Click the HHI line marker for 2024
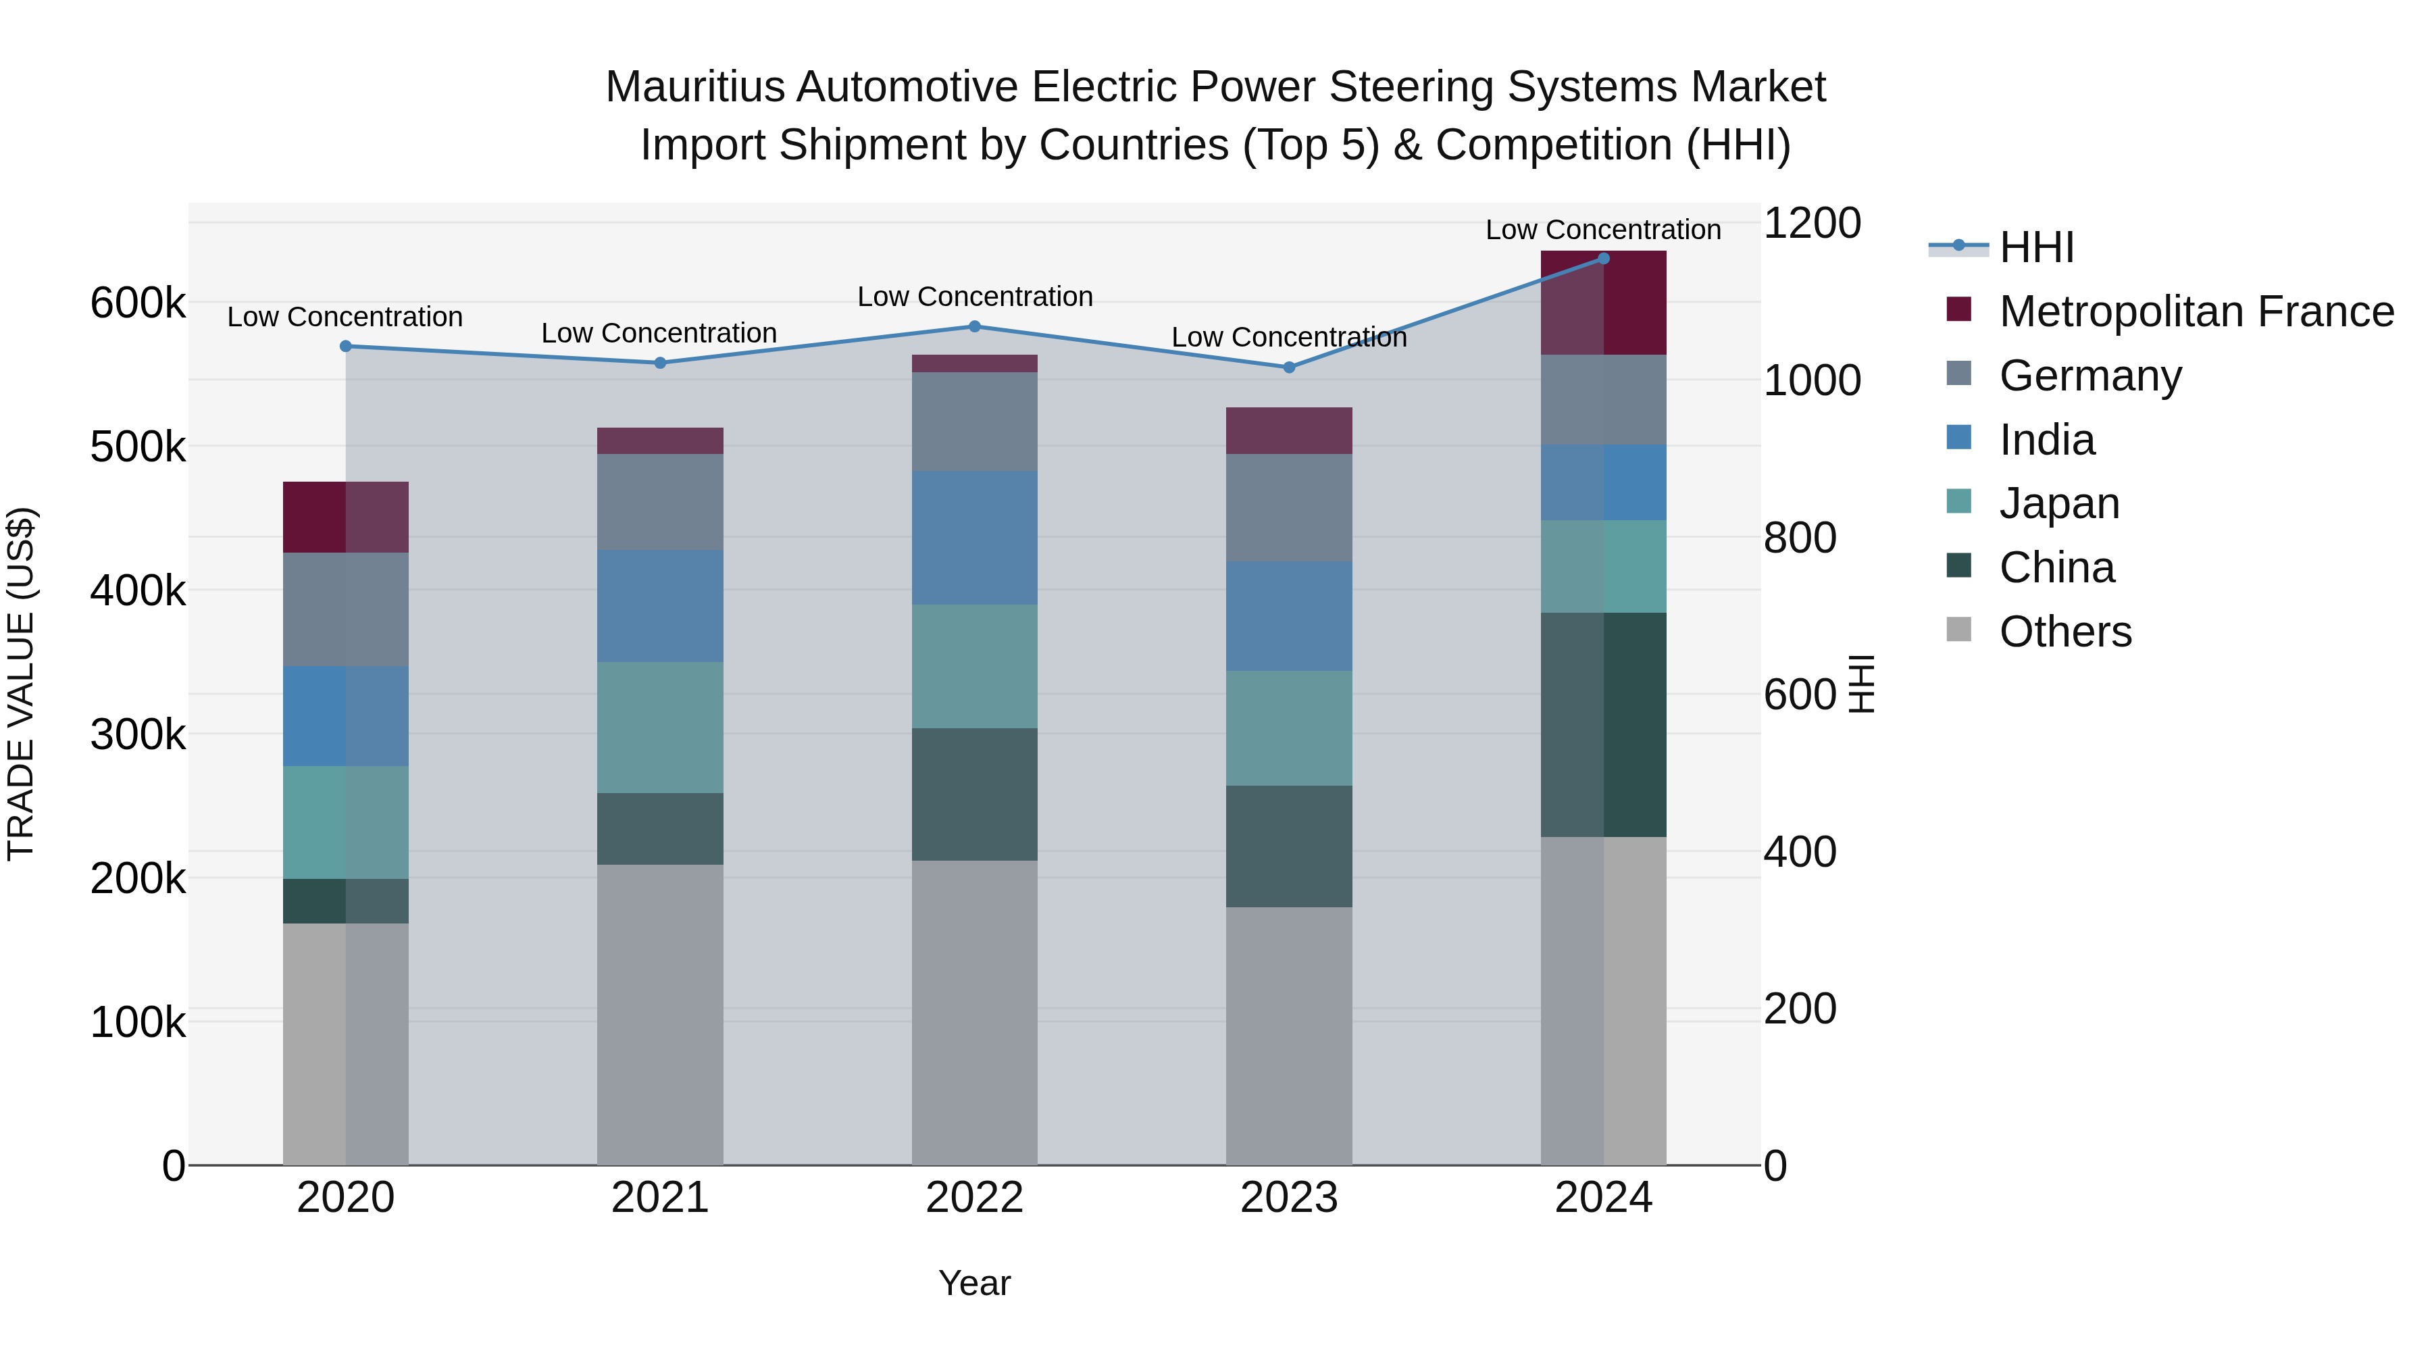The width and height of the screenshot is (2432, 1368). tap(1603, 258)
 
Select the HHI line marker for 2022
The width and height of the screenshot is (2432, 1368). tap(974, 327)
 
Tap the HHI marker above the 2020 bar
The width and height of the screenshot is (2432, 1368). tap(345, 347)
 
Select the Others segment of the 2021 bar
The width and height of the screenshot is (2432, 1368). tap(660, 1014)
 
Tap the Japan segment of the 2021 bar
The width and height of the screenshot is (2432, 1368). tap(660, 727)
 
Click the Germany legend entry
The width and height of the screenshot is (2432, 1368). tap(2089, 376)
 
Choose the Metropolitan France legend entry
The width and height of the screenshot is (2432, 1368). tap(2196, 311)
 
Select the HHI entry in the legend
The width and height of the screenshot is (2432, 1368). tap(2036, 247)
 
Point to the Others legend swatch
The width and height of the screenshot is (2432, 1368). tap(1959, 630)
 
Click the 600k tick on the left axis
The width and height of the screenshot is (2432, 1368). tap(138, 304)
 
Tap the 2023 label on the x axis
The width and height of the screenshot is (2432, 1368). tap(1289, 1198)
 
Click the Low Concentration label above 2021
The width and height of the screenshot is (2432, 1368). tap(659, 333)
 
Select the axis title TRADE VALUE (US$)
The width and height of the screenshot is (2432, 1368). tap(21, 684)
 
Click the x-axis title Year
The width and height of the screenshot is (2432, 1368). tap(974, 1283)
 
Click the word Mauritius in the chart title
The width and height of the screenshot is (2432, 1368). tap(695, 87)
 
